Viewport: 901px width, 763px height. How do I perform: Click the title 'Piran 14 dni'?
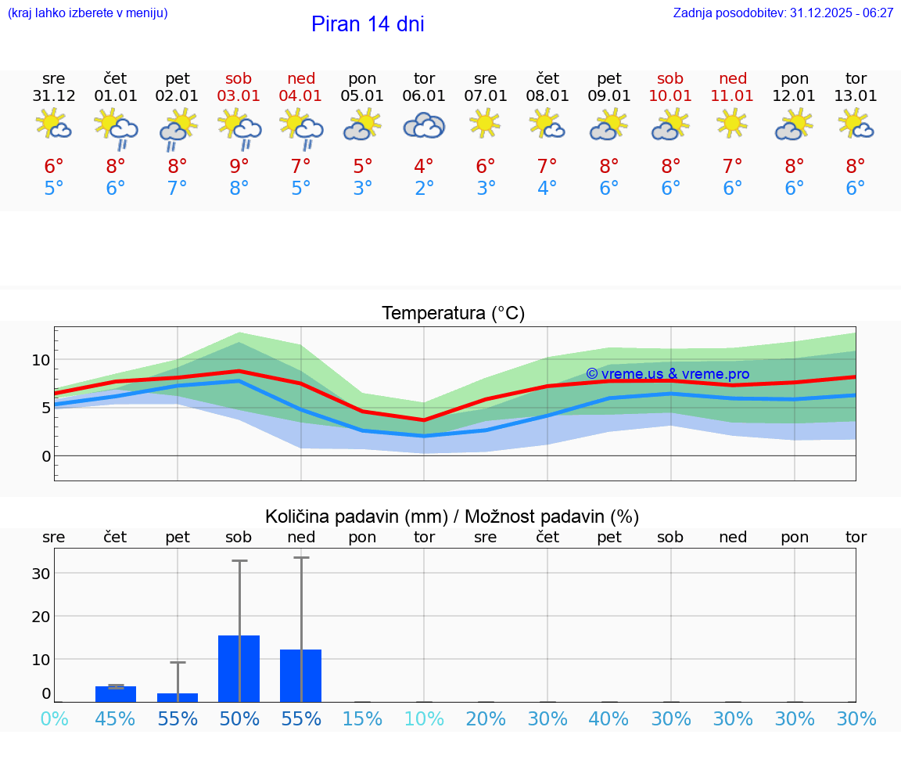pos(368,24)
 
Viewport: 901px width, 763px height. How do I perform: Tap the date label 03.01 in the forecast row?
pos(239,96)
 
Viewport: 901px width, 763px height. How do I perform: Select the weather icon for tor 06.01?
pos(424,126)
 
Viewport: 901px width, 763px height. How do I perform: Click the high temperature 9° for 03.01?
pos(239,166)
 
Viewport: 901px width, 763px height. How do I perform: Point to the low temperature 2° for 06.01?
pos(424,189)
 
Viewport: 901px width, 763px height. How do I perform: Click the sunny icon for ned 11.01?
pos(733,124)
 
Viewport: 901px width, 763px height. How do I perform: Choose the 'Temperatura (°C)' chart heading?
pos(453,313)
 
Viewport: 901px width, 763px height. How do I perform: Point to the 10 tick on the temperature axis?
pos(41,360)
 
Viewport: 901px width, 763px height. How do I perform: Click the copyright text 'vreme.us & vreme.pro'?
pos(667,374)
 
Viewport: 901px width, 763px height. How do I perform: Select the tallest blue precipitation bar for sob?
pos(239,668)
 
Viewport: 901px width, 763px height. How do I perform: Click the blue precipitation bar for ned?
pos(301,675)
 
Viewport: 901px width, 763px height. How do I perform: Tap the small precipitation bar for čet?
pos(116,694)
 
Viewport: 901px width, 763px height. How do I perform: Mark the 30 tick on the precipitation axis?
pos(41,573)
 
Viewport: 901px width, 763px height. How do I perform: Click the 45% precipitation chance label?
pos(116,718)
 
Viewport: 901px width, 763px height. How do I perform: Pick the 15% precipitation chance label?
pos(362,718)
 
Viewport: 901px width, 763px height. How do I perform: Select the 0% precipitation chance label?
pos(54,718)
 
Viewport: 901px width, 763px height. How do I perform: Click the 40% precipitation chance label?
pos(609,718)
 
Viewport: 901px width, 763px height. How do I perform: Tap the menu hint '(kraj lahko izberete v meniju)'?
pos(88,13)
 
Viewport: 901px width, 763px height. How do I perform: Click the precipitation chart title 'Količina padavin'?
pos(356,516)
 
